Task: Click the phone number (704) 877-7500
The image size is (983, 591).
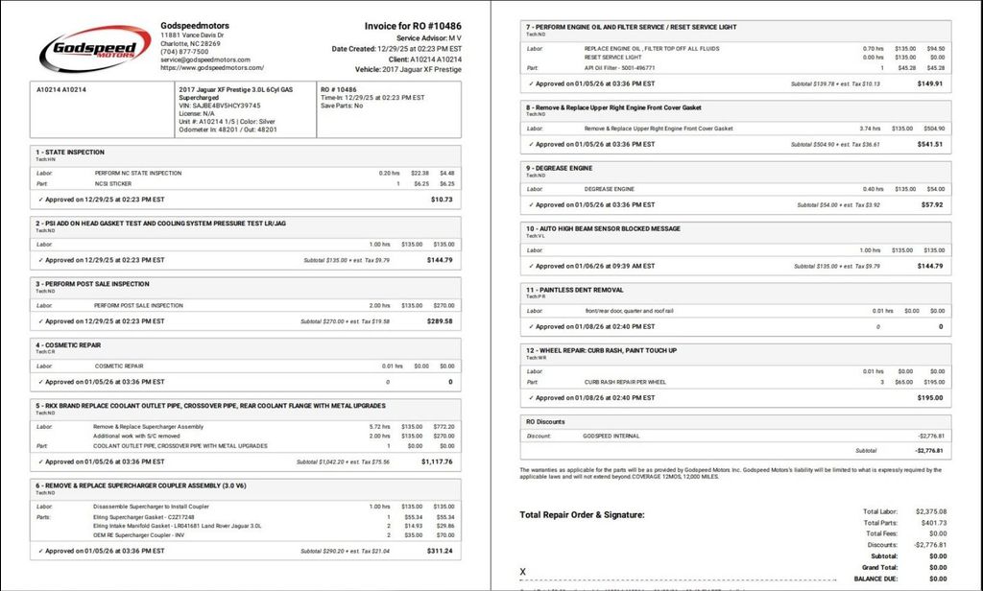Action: (184, 52)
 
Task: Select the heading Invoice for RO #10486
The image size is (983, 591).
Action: (413, 26)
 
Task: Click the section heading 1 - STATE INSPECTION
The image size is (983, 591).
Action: (70, 152)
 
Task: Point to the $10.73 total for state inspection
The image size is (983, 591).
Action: (442, 200)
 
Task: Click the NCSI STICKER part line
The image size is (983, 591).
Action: (113, 183)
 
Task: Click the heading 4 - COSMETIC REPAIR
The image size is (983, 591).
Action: (68, 344)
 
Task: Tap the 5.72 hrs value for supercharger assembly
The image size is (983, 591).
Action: (380, 426)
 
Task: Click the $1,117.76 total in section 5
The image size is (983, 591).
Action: (437, 461)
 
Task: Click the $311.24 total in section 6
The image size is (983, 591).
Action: (440, 552)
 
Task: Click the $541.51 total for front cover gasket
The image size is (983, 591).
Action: (930, 144)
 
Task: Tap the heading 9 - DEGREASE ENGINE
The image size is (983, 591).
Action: (560, 168)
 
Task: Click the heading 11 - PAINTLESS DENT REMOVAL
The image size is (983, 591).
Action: (574, 290)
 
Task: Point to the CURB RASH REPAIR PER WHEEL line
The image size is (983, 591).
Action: (626, 382)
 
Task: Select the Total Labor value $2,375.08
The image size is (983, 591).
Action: (930, 511)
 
